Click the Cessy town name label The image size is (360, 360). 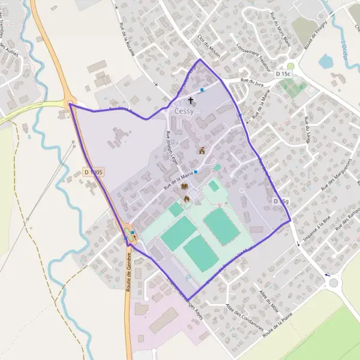pos(184,112)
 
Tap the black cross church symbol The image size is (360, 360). pos(191,100)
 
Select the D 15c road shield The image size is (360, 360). pos(283,74)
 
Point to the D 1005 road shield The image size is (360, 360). pos(95,172)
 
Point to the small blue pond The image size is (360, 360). pos(325,61)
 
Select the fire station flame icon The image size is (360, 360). pos(187,198)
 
